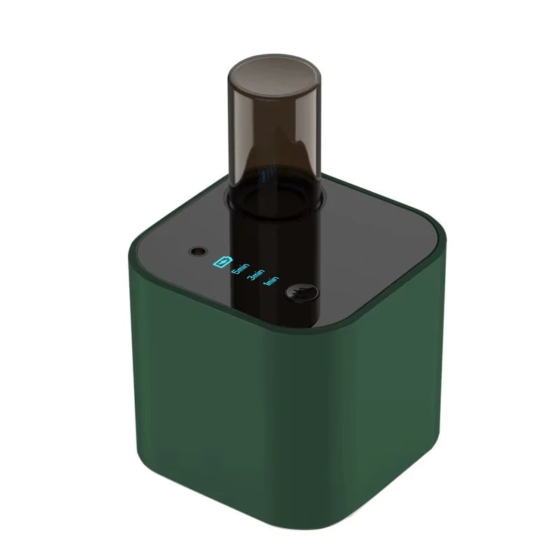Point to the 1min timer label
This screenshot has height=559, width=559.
point(271,282)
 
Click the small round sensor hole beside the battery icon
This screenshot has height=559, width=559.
point(199,251)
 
